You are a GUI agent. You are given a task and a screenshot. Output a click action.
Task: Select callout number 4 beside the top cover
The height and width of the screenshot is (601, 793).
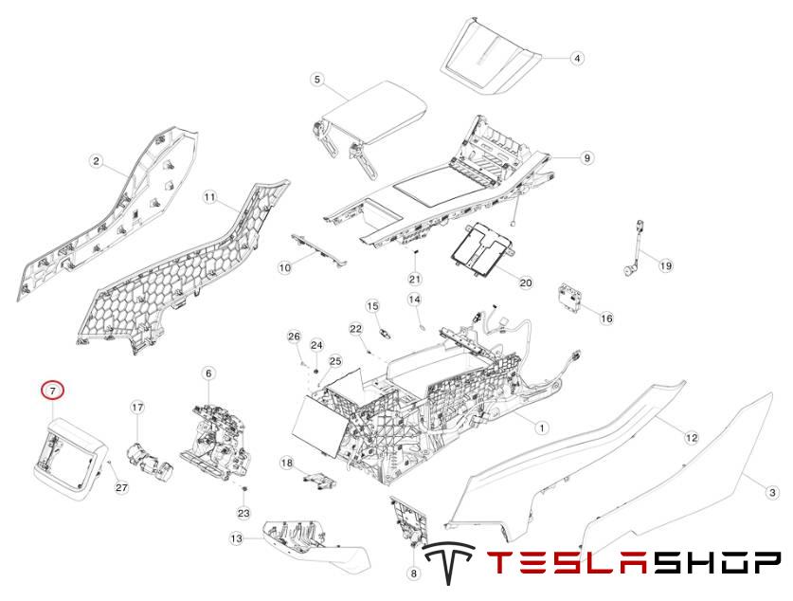click(x=577, y=58)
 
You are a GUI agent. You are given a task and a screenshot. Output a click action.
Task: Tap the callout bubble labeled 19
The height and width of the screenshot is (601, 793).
click(x=665, y=266)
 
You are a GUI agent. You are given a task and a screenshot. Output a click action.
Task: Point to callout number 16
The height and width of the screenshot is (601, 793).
click(x=606, y=319)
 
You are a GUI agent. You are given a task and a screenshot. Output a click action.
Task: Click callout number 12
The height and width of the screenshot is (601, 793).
click(x=692, y=437)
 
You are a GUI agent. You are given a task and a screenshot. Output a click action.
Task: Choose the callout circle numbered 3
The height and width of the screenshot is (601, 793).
click(x=773, y=492)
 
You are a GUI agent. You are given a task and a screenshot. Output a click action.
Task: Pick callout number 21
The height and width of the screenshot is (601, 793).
click(x=414, y=279)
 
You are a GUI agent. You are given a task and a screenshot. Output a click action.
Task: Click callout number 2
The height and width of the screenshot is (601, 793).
click(x=96, y=161)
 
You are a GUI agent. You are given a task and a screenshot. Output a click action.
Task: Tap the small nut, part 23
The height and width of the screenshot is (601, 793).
click(x=244, y=489)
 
